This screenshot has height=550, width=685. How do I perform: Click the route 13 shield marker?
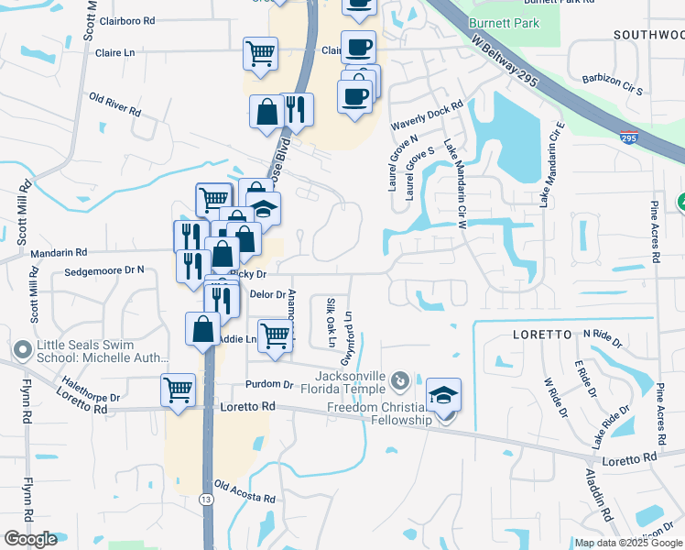pyautogui.click(x=208, y=498)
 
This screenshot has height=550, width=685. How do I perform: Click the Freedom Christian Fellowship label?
pyautogui.click(x=378, y=413)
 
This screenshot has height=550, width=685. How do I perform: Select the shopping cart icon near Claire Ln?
pyautogui.click(x=260, y=52)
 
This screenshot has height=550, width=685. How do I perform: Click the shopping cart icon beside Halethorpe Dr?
pyautogui.click(x=178, y=389)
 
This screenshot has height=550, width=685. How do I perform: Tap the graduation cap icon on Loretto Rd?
pyautogui.click(x=443, y=394)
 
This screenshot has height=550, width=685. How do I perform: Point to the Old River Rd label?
pyautogui.click(x=114, y=104)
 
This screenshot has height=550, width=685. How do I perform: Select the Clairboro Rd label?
pyautogui.click(x=126, y=19)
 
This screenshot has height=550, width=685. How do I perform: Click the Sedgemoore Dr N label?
pyautogui.click(x=105, y=270)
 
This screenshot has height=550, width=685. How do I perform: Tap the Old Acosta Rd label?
pyautogui.click(x=245, y=492)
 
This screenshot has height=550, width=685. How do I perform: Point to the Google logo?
pyautogui.click(x=30, y=539)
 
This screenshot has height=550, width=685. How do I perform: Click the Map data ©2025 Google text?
pyautogui.click(x=627, y=543)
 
